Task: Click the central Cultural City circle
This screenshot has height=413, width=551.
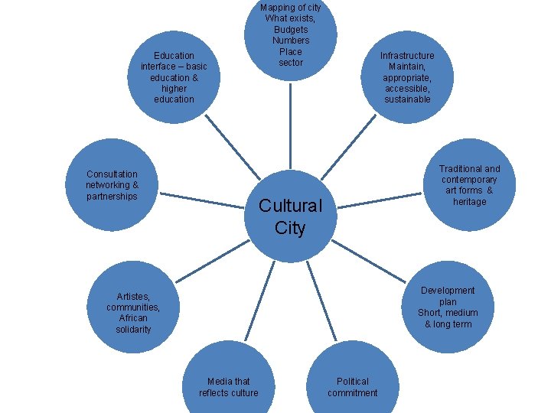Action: click(x=290, y=216)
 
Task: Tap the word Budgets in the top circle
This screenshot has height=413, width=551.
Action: click(x=291, y=29)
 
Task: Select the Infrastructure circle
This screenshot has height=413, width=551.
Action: click(x=406, y=76)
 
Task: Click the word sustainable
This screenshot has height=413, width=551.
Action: click(x=407, y=99)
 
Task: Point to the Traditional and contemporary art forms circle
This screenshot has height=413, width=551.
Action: click(x=469, y=184)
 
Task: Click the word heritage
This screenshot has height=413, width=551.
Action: click(x=469, y=202)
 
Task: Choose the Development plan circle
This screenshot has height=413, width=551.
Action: click(x=448, y=307)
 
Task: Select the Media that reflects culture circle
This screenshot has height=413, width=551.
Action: click(x=228, y=382)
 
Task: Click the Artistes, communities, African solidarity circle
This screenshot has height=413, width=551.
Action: click(x=134, y=312)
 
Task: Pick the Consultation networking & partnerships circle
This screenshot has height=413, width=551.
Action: click(x=112, y=185)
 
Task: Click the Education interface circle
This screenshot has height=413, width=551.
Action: click(x=174, y=76)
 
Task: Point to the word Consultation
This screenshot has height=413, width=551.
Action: click(x=112, y=174)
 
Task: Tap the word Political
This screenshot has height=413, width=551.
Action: click(x=352, y=381)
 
